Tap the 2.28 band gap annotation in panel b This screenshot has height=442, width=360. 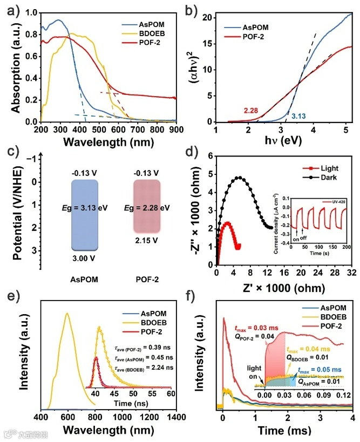click(253, 111)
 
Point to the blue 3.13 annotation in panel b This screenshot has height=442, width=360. click(299, 115)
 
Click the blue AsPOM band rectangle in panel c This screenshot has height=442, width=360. click(84, 214)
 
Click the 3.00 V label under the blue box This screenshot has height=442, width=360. click(83, 260)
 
